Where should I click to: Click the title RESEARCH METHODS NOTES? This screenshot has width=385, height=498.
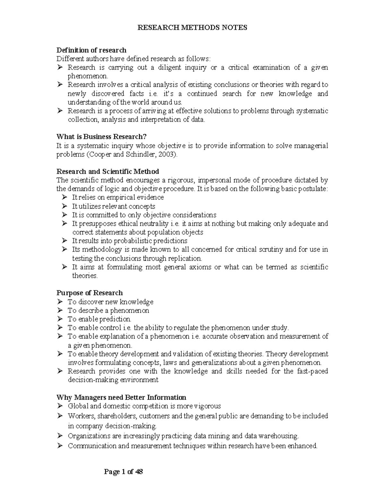[x=192, y=28]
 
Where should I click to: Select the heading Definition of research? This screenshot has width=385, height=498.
[x=91, y=50]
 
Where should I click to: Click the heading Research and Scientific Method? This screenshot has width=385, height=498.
[x=107, y=171]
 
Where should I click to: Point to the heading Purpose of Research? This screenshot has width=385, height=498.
[x=90, y=293]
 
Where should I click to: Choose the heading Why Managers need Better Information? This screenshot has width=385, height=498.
[x=121, y=397]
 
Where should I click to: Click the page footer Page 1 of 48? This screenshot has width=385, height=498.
[x=124, y=472]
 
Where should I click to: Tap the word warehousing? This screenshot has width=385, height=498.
[x=278, y=436]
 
